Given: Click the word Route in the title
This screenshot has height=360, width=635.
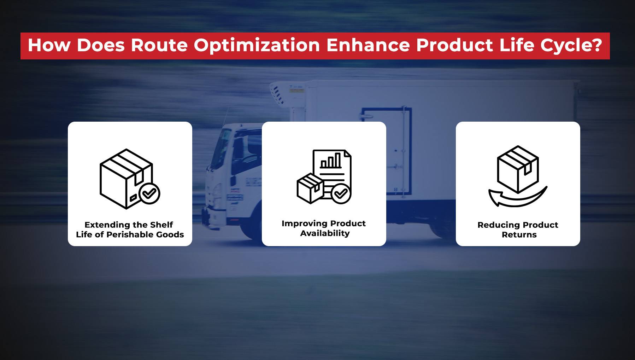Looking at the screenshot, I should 159,46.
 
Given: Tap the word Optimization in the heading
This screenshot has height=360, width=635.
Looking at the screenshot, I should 257,46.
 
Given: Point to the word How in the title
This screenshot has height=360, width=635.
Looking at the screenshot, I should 49,46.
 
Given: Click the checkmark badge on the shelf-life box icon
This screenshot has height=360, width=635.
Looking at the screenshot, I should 149,193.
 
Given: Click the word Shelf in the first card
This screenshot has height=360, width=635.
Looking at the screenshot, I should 161,225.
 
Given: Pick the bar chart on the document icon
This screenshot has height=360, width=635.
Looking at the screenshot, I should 331,161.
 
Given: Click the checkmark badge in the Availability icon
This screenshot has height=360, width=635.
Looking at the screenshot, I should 341,193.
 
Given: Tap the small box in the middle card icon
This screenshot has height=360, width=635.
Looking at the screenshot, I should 310,188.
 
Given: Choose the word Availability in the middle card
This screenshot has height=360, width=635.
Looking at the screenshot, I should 325,233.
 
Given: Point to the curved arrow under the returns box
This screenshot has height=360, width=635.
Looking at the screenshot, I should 517,198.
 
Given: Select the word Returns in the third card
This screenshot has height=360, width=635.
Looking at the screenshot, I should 519,235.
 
